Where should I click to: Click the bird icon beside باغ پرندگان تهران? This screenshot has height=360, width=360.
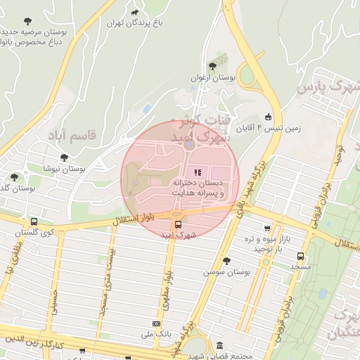point(134,13)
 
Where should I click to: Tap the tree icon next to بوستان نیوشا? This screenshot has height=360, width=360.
point(64,157)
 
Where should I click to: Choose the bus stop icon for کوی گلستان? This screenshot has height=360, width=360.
point(34,221)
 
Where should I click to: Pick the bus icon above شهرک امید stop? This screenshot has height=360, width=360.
point(176,225)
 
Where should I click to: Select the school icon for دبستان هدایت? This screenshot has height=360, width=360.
point(197,172)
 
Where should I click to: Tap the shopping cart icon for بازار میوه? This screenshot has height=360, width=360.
point(266,228)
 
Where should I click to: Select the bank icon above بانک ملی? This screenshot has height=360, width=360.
point(156,324)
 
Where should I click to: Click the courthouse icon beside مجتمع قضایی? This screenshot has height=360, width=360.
point(220,347)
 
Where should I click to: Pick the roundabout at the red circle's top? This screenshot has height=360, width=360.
point(189,144)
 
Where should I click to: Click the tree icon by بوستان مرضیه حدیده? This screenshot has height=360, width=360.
point(27,21)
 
